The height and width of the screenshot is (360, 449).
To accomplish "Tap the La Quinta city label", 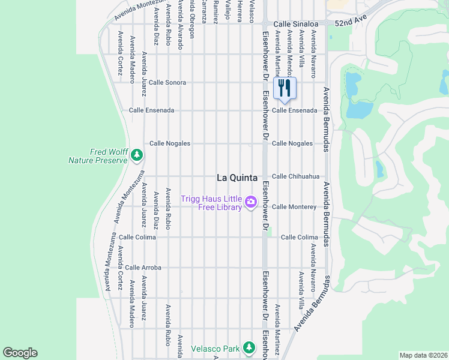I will click(237, 178).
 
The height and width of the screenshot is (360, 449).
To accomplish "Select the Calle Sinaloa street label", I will click(294, 24).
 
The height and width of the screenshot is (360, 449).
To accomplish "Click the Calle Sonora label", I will click(167, 82).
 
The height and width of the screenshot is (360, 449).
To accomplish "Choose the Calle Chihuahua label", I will click(295, 176).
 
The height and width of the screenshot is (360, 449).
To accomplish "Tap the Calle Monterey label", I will click(294, 206).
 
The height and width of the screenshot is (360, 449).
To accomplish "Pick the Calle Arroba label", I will click(143, 268).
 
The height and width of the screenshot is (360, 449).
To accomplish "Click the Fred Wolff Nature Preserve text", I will click(98, 156).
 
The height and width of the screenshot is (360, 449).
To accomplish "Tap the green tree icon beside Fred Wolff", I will click(137, 156).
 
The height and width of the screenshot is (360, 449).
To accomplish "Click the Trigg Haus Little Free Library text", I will click(212, 203).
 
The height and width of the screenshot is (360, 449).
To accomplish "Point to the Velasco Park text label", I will click(215, 348).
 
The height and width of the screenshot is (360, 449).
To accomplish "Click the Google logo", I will click(20, 353).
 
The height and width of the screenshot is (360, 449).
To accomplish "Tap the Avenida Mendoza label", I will click(289, 48).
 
